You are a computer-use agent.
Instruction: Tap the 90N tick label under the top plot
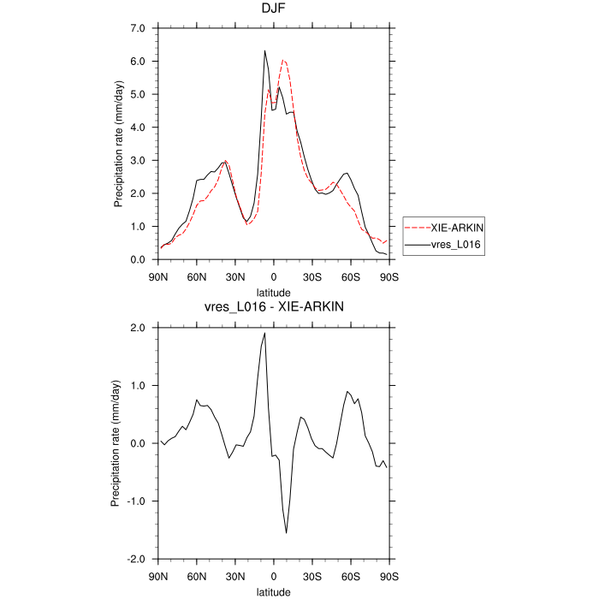click(158, 276)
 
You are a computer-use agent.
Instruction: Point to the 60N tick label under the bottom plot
click(197, 576)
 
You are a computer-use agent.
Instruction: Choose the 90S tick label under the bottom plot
click(389, 576)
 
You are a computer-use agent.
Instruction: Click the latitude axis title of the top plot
click(273, 291)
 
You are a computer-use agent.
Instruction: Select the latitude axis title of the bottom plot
click(273, 590)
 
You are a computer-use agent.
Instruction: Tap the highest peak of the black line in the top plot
click(265, 50)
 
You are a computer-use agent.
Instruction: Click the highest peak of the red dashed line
click(283, 60)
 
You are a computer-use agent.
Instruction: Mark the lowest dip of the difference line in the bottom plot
click(287, 532)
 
